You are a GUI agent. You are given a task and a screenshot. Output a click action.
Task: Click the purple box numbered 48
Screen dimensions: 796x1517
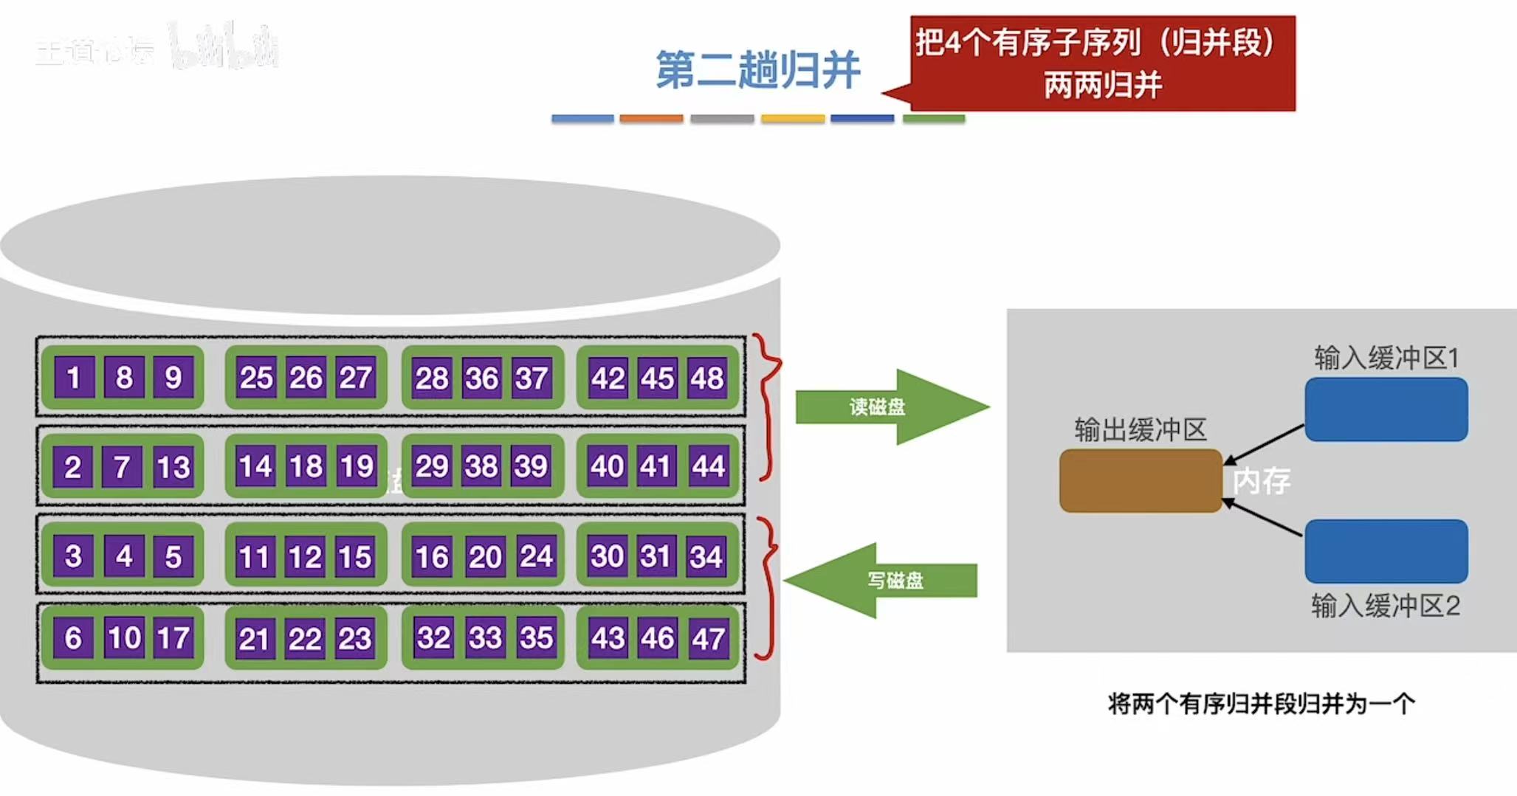point(706,378)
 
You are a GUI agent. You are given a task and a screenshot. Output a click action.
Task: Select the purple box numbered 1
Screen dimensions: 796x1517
point(73,378)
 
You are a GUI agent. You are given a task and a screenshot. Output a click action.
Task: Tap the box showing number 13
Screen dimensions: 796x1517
point(173,466)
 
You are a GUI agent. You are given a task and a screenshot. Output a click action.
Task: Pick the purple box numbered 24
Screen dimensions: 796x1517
point(535,556)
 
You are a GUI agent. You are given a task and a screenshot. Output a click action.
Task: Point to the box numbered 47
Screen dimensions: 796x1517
point(706,638)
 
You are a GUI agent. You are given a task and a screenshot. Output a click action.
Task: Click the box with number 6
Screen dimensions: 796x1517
point(73,638)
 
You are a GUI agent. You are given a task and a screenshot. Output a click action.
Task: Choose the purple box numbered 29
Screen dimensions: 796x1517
point(432,466)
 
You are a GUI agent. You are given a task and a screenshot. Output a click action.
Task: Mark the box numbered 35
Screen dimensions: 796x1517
point(535,638)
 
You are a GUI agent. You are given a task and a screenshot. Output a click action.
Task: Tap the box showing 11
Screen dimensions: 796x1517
point(255,556)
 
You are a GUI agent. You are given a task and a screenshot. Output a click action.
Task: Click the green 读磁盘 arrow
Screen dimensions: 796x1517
point(886,406)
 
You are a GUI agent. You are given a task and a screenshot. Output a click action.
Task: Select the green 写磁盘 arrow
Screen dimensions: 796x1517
point(886,581)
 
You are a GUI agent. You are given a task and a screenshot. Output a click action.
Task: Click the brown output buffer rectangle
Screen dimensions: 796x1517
point(1141,480)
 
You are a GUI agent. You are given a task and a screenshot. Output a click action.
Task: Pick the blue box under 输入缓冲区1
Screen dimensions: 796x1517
point(1386,409)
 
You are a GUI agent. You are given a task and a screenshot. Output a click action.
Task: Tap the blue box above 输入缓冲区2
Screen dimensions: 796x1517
point(1386,551)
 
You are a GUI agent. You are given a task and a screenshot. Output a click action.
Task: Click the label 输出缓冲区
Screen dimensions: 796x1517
point(1141,429)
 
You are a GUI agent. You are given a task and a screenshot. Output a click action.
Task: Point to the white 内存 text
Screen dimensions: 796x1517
point(1262,482)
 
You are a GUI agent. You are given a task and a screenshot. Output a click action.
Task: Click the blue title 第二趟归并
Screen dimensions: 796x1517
point(757,71)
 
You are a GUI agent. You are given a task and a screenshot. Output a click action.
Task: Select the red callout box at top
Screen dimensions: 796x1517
point(1102,63)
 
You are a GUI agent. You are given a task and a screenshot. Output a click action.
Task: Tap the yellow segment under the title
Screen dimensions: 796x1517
point(792,118)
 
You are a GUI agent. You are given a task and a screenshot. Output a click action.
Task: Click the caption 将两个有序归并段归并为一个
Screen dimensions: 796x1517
point(1261,704)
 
